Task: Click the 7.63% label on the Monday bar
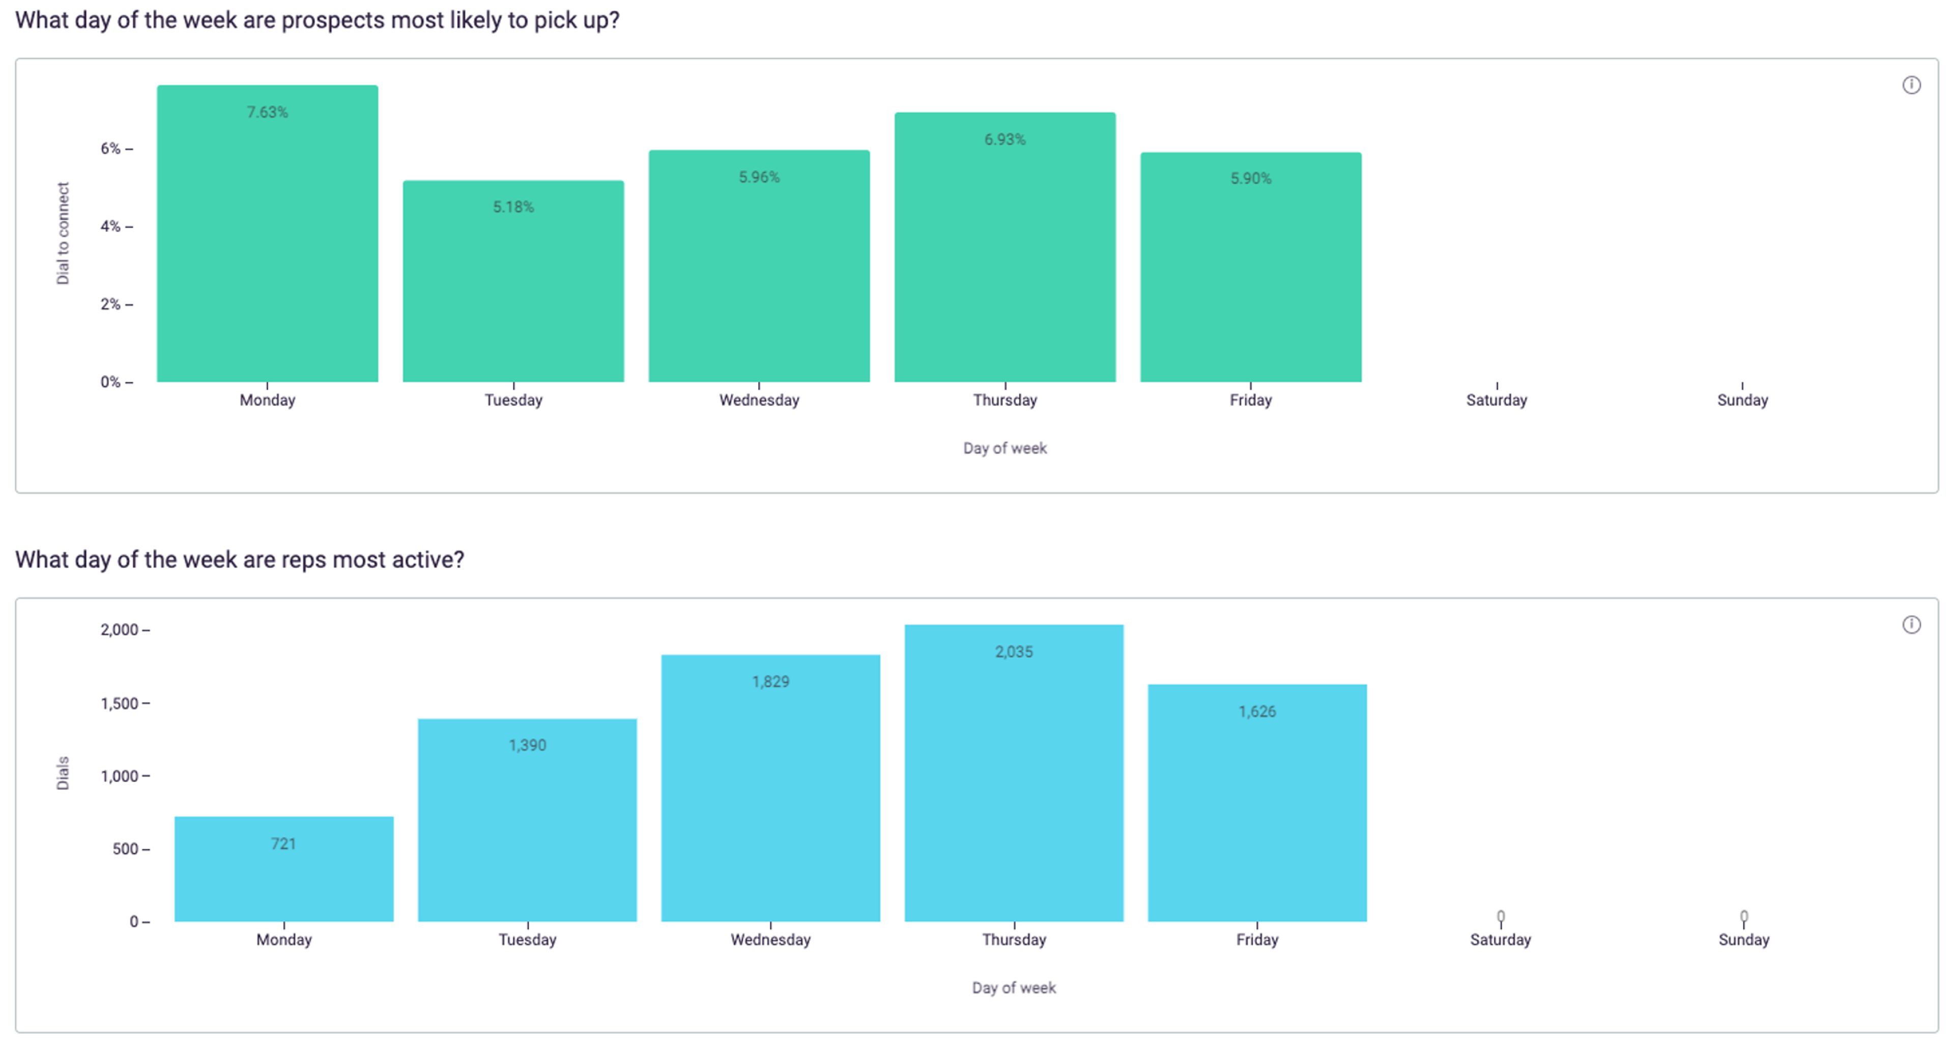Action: (267, 112)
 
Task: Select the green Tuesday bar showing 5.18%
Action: (513, 288)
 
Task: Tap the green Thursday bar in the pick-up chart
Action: (1004, 258)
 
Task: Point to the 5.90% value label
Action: (1250, 178)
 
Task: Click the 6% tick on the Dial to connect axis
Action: (111, 149)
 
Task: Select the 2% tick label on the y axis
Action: (111, 304)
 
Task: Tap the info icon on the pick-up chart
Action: (1911, 85)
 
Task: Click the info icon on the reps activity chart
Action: (1911, 625)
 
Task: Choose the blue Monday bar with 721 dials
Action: (284, 872)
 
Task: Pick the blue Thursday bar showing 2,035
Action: (1014, 781)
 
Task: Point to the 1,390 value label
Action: (527, 745)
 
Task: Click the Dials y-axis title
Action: (63, 773)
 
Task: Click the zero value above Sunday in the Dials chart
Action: (1743, 916)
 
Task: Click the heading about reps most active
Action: (240, 560)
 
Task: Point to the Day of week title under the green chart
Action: (1004, 448)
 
